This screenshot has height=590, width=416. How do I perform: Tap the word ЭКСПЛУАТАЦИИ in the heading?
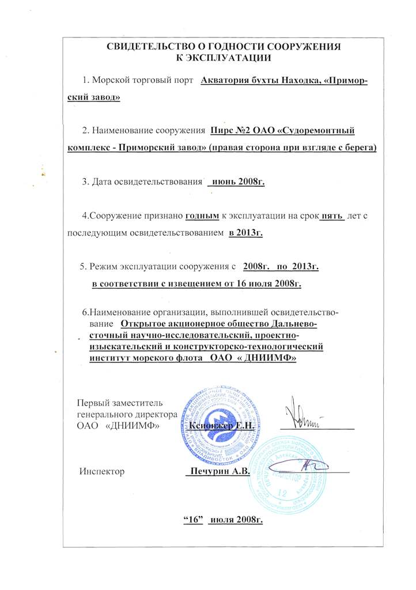click(229, 58)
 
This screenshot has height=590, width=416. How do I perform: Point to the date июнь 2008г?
click(238, 182)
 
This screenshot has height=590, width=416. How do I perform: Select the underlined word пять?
click(334, 217)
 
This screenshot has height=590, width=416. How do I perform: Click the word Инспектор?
click(102, 471)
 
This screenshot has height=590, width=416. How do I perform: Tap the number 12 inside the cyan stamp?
click(282, 493)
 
